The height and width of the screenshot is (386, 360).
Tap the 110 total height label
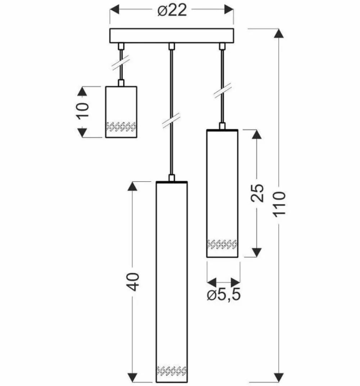(x=280, y=204)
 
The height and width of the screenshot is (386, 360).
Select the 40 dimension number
(x=133, y=282)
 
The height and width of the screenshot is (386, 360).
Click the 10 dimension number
(x=82, y=111)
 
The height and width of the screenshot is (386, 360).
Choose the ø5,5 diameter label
(x=224, y=296)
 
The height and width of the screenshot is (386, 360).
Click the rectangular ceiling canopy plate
(x=172, y=36)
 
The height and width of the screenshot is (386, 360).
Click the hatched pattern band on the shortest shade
(x=121, y=127)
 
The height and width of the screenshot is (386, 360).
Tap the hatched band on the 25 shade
(x=222, y=244)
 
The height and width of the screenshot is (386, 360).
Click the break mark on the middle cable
(x=171, y=120)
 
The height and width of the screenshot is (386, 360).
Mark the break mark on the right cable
(x=222, y=91)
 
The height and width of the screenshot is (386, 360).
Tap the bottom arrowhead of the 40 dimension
(x=132, y=377)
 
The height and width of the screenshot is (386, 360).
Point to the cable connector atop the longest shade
(x=172, y=178)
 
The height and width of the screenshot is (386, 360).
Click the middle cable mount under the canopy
(x=172, y=46)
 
